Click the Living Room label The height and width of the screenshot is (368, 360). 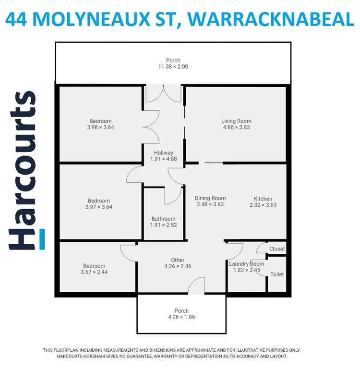pyautogui.click(x=236, y=121)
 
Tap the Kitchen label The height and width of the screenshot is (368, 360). pyautogui.click(x=263, y=199)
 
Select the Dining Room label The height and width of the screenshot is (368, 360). pyautogui.click(x=210, y=198)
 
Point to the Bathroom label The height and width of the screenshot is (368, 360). pyautogui.click(x=163, y=219)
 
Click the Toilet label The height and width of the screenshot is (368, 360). pyautogui.click(x=277, y=274)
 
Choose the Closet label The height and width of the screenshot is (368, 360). pyautogui.click(x=277, y=249)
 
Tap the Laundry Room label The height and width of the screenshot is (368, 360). pyautogui.click(x=246, y=264)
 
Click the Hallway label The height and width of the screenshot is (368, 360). pyautogui.click(x=163, y=153)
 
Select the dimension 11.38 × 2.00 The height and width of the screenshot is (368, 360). pyautogui.click(x=173, y=67)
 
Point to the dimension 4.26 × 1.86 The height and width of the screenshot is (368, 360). pyautogui.click(x=181, y=317)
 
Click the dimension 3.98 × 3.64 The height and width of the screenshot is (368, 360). pyautogui.click(x=100, y=127)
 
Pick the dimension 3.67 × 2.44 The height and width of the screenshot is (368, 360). pyautogui.click(x=94, y=273)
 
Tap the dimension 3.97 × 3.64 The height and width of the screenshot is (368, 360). pyautogui.click(x=99, y=207)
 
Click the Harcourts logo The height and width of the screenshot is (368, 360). pyautogui.click(x=23, y=170)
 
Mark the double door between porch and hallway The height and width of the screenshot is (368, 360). pyautogui.click(x=164, y=94)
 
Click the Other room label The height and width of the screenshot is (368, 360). pyautogui.click(x=178, y=260)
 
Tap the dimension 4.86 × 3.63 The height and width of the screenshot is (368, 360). pyautogui.click(x=236, y=127)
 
